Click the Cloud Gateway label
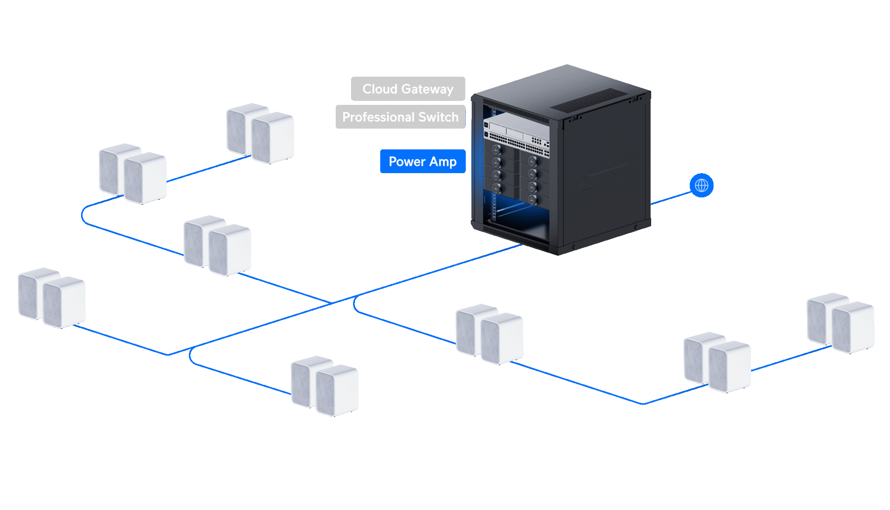coord(408,89)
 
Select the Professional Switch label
coord(400,117)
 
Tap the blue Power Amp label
coord(423,161)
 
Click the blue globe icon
coord(702,185)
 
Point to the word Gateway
coord(427,90)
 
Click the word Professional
coord(379,117)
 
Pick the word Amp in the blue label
coord(443,162)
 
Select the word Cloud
coord(380,89)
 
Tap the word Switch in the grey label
coord(439,117)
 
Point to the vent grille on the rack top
coord(589,100)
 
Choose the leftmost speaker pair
coord(51,298)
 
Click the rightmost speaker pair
coord(841,323)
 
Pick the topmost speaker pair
coord(260,133)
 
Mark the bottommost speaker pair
coord(324,386)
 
